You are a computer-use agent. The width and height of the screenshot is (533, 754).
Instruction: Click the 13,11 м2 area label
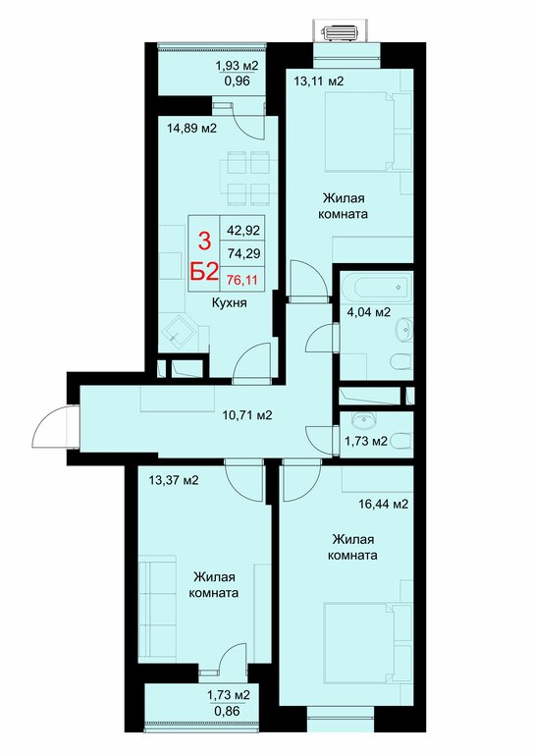click(x=319, y=81)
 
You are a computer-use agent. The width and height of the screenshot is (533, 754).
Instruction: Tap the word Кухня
click(x=230, y=302)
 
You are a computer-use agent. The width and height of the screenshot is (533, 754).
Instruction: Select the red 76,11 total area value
click(x=242, y=280)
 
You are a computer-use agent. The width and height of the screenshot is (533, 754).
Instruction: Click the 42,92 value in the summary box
click(x=243, y=231)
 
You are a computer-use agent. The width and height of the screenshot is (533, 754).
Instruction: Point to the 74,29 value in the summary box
click(x=243, y=252)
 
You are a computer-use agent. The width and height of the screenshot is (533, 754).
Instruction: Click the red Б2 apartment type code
click(x=204, y=273)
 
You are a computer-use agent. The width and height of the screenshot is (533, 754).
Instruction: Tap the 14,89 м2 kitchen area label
click(x=191, y=128)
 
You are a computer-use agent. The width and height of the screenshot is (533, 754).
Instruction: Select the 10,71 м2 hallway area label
click(x=247, y=414)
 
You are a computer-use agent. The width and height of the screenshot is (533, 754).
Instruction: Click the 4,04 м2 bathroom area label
click(x=369, y=311)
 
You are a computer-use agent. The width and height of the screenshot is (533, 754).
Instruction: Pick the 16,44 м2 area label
click(x=384, y=504)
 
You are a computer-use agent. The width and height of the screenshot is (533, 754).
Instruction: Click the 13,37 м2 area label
click(x=174, y=480)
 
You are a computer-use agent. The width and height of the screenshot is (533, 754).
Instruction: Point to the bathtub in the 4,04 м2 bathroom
click(x=383, y=288)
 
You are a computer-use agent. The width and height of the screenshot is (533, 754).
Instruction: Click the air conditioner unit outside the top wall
click(x=341, y=33)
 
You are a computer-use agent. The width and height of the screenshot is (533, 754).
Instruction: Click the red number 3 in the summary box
click(x=205, y=241)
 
